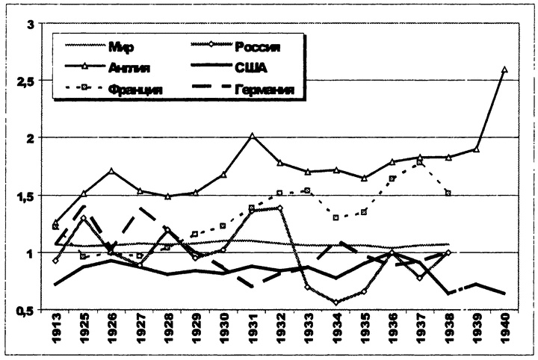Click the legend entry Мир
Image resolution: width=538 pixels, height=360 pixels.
coord(121,49)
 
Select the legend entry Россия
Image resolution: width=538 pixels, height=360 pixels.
coord(257,49)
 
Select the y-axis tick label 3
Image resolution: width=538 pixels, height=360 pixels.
coord(31,22)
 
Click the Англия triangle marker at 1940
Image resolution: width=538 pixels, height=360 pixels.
coord(504,70)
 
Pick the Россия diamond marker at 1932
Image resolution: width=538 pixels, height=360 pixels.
coord(279,208)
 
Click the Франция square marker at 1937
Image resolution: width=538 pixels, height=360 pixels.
coord(420,163)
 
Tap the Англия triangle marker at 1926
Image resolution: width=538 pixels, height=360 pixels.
coord(111,171)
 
